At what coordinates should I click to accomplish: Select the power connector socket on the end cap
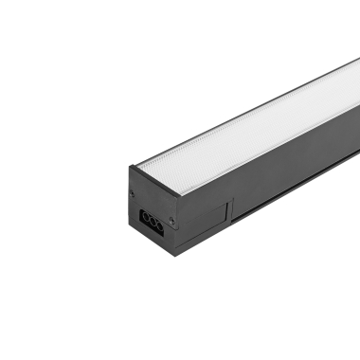[x=152, y=219]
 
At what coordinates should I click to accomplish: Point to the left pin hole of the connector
[x=145, y=215]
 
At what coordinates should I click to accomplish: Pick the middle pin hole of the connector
[x=152, y=219]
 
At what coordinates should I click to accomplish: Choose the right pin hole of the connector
[x=158, y=223]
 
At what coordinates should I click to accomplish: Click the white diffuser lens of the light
[x=246, y=123]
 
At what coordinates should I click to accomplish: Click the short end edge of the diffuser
[x=156, y=175]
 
